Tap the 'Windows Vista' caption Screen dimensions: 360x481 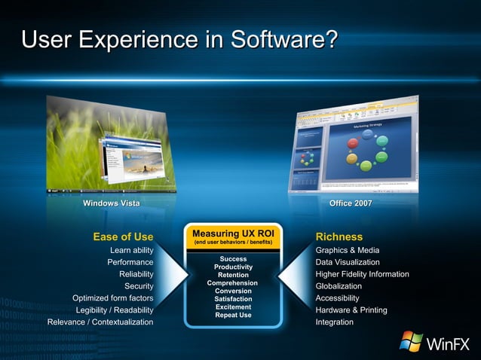111,203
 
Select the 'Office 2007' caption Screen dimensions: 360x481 351,203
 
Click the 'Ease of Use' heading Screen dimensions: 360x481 123,236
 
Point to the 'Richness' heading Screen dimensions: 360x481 339,236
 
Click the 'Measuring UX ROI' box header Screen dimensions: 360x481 233,233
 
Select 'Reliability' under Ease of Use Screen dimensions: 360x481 136,274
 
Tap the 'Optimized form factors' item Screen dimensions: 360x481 112,298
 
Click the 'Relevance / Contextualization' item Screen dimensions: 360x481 100,322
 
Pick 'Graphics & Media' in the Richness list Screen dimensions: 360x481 348,250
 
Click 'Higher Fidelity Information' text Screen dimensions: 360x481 362,274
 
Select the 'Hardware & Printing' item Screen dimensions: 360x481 351,310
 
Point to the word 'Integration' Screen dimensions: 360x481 334,322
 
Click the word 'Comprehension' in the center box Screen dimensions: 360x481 233,283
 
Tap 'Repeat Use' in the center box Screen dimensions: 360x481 233,315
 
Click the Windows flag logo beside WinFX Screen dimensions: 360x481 412,341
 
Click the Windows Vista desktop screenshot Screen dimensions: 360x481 111,147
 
